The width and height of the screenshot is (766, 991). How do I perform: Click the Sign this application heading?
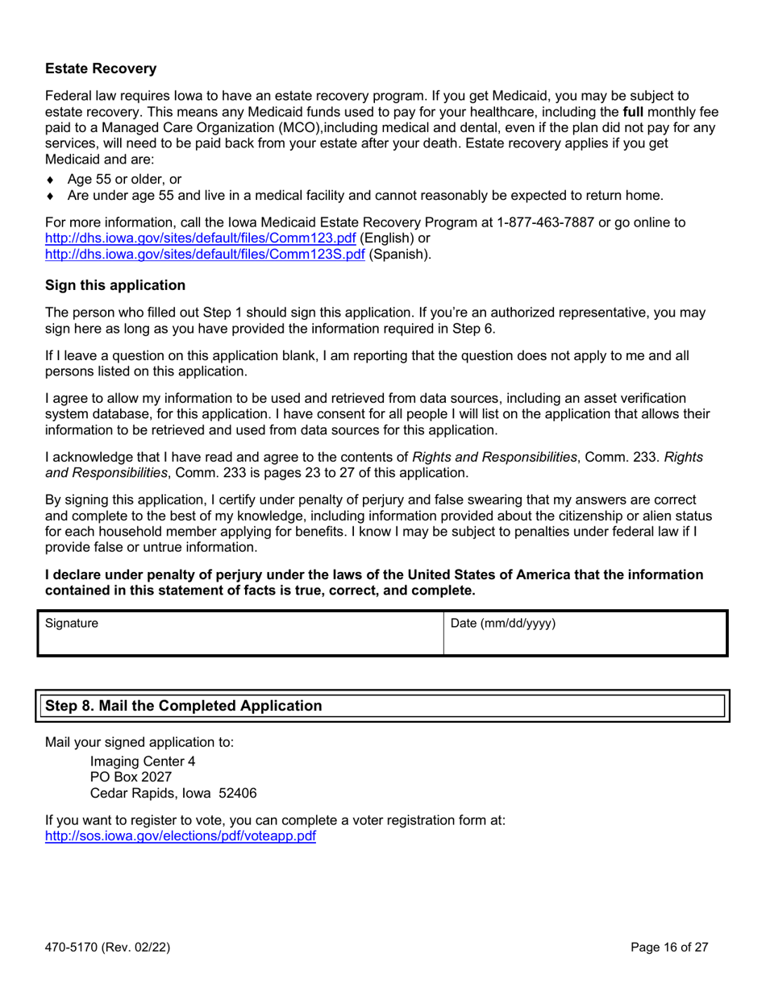(114, 285)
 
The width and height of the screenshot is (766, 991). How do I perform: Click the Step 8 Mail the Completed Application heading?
(184, 706)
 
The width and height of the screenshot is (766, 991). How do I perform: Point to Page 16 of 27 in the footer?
(670, 947)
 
